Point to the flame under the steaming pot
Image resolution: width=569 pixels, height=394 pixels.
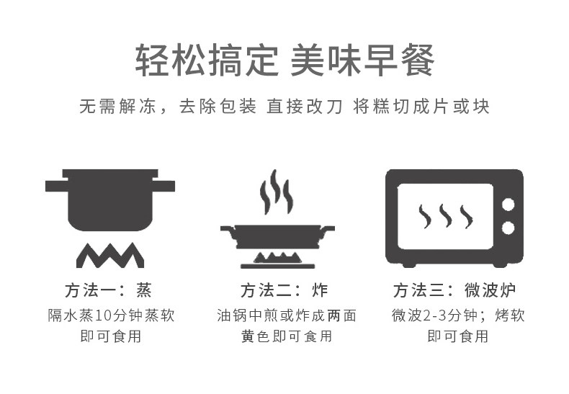(109, 254)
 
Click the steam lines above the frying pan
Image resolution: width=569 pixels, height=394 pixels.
(277, 192)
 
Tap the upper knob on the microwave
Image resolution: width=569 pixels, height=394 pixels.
(508, 204)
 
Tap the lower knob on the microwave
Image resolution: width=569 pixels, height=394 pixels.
(508, 228)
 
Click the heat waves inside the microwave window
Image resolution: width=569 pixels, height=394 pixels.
(446, 216)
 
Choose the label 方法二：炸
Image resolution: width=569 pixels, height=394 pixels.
(284, 290)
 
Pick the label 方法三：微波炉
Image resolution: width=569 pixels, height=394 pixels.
(454, 290)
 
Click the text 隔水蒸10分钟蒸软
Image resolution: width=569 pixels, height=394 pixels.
(110, 315)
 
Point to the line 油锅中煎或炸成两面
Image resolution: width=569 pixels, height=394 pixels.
(286, 315)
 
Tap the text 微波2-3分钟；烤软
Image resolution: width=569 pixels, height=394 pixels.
(457, 315)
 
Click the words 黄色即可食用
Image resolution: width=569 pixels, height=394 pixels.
(286, 336)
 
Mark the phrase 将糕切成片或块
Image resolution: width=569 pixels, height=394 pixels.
(421, 106)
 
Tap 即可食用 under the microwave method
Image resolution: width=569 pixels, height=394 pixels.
(457, 336)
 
